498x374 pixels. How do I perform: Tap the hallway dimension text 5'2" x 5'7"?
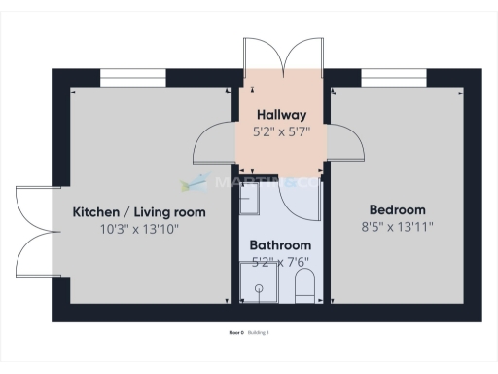(x=281, y=131)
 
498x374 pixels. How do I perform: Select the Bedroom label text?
(x=397, y=210)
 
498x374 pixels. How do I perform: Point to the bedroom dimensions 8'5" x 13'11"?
(x=397, y=227)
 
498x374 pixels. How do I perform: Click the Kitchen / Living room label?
(x=139, y=212)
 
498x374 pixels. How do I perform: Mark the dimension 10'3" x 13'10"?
(x=139, y=229)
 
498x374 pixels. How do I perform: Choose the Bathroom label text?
(x=280, y=244)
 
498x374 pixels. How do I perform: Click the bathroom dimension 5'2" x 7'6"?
(x=280, y=261)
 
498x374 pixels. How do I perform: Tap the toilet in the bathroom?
(x=303, y=286)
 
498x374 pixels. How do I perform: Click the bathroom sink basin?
(x=249, y=199)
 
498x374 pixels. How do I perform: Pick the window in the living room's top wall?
(x=132, y=77)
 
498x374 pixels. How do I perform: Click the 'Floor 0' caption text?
(x=235, y=332)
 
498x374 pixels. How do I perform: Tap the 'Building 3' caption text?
(x=258, y=332)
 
